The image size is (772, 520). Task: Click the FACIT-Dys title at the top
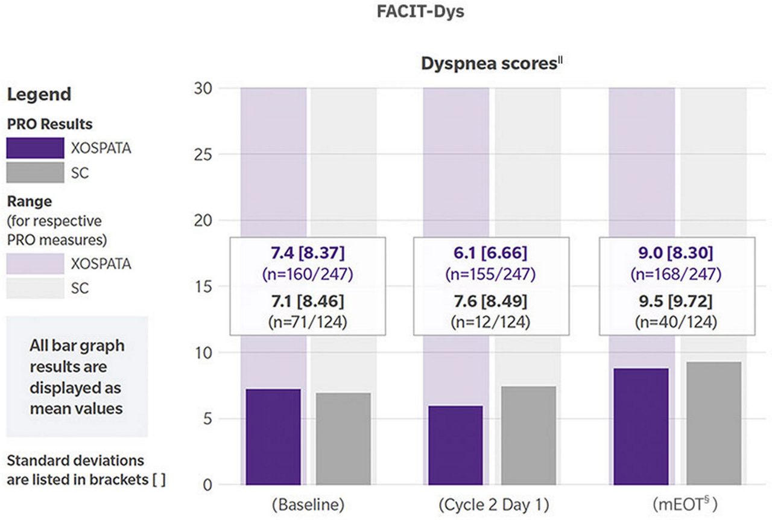pyautogui.click(x=420, y=12)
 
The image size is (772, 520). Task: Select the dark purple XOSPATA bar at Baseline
pyautogui.click(x=273, y=437)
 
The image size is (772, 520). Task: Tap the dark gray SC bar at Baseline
pyautogui.click(x=343, y=439)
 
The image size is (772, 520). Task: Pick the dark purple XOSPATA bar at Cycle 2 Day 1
pyautogui.click(x=455, y=445)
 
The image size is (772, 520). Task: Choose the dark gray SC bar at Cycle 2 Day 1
pyautogui.click(x=528, y=436)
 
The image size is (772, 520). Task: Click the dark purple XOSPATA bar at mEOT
pyautogui.click(x=641, y=426)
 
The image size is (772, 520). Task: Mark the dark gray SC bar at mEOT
pyautogui.click(x=713, y=423)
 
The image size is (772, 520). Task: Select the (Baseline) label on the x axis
pyautogui.click(x=308, y=504)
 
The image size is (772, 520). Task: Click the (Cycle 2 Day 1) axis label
pyautogui.click(x=491, y=504)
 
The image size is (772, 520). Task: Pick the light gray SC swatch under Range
pyautogui.click(x=35, y=289)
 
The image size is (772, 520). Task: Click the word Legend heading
pyautogui.click(x=39, y=95)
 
